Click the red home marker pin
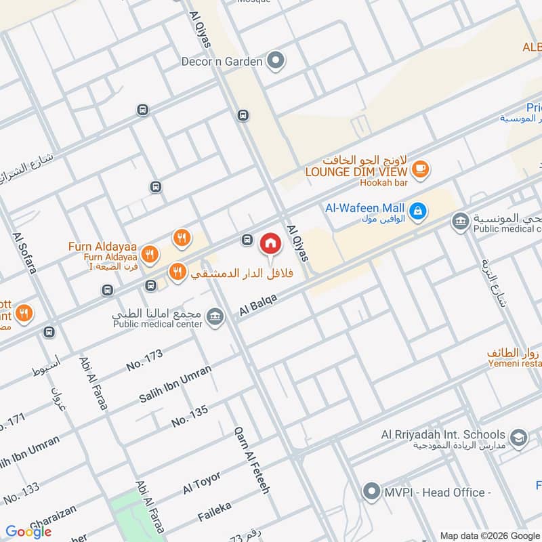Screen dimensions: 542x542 [x=270, y=243]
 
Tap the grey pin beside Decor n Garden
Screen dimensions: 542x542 [x=275, y=62]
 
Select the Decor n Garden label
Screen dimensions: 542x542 [x=221, y=62]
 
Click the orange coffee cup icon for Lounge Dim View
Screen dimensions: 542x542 [x=420, y=169]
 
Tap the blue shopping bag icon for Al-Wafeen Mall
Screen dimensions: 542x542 [x=419, y=211]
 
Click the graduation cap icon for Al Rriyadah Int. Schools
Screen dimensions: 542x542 [x=519, y=437]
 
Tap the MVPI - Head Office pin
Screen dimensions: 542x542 [x=371, y=491]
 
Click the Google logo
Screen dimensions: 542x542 [x=28, y=531]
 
